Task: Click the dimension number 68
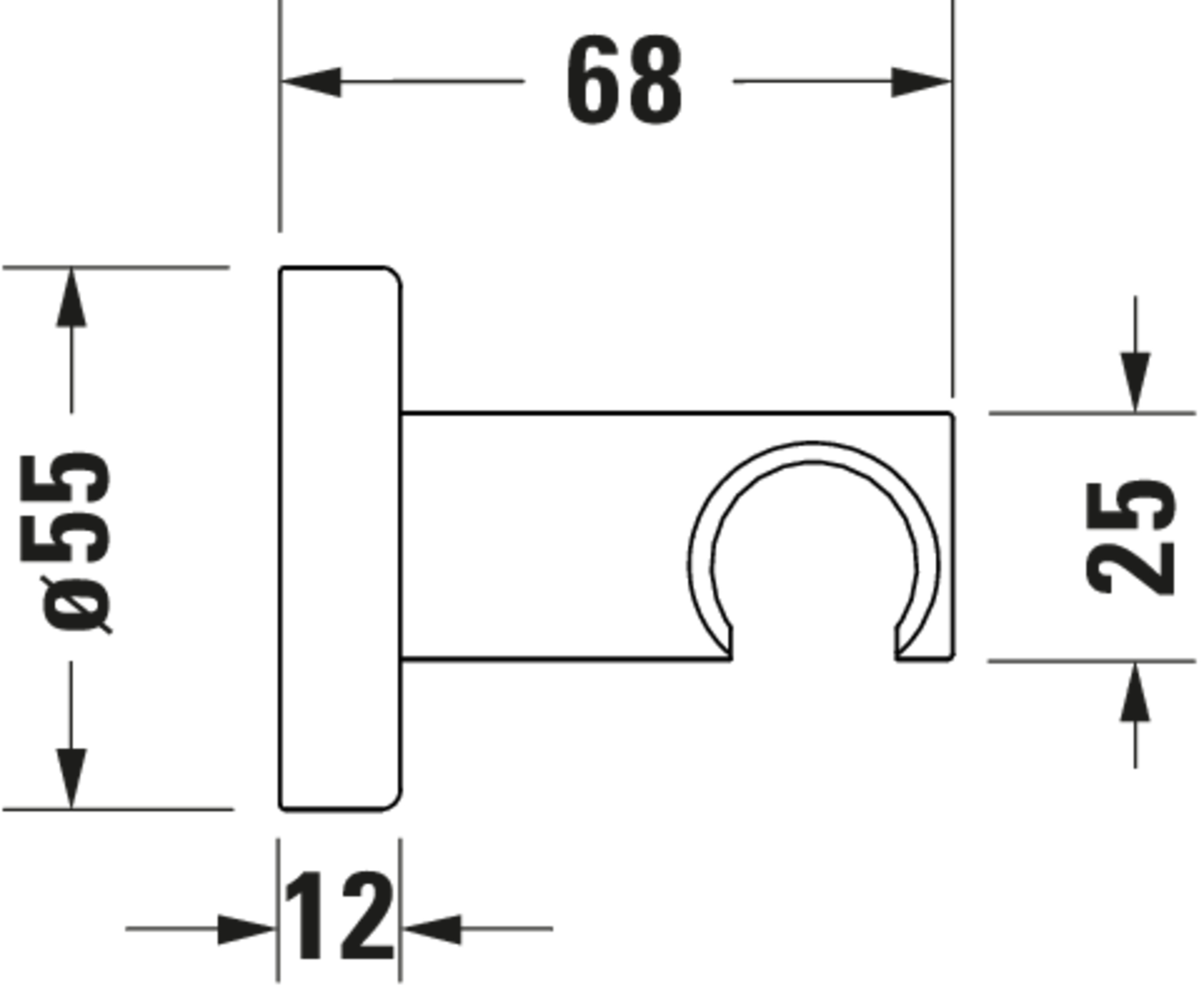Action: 624,80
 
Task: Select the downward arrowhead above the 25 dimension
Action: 1135,382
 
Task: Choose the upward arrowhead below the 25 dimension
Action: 1135,692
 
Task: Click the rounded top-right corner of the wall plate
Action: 393,276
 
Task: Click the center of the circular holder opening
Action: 814,567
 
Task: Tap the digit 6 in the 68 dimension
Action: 593,80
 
